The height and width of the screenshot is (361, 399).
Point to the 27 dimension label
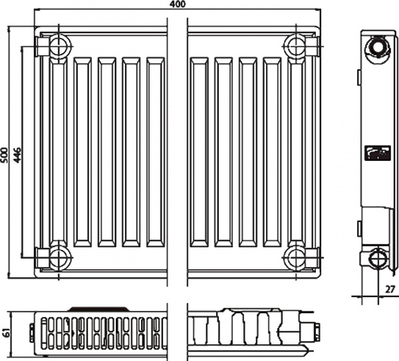[x=390, y=288]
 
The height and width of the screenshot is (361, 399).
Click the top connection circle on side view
[x=378, y=48]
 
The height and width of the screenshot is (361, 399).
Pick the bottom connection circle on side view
[x=378, y=259]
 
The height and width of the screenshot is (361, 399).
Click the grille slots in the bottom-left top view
[x=100, y=330]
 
